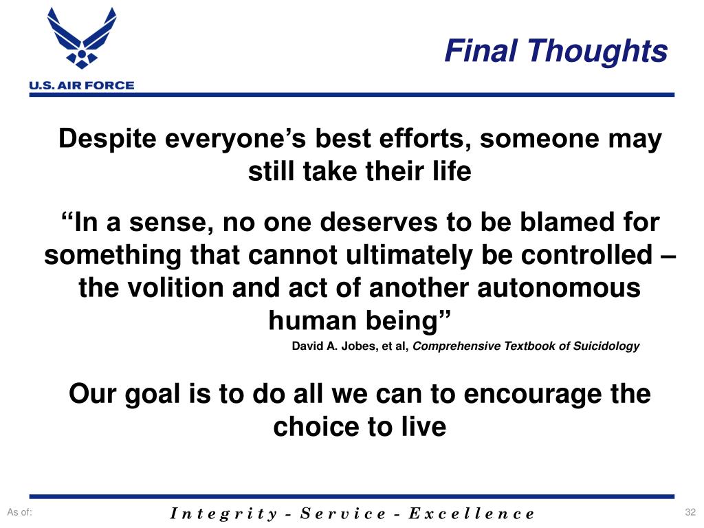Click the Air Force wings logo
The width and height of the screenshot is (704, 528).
point(82,38)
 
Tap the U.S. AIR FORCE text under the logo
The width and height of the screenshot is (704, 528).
point(82,85)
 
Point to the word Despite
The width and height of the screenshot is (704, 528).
point(107,139)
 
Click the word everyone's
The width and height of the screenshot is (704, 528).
point(235,139)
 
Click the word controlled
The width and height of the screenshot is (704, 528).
point(586,254)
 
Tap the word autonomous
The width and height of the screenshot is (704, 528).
point(558,288)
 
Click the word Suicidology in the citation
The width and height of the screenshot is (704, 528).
point(606,346)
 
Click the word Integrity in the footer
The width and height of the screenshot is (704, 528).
point(223,514)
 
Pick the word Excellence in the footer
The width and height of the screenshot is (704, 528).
point(472,513)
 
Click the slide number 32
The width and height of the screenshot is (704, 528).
point(690,512)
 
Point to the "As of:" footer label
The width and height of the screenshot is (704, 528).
point(20,512)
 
